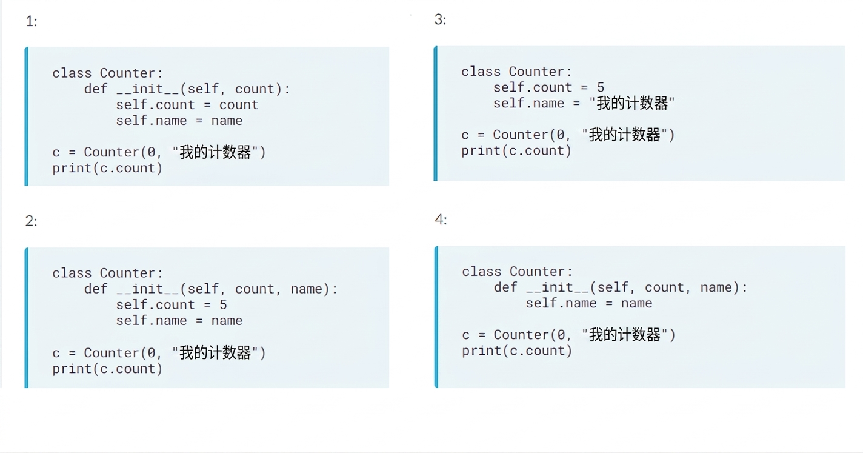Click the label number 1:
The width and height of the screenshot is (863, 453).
(x=32, y=21)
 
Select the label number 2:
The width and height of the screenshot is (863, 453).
(x=32, y=221)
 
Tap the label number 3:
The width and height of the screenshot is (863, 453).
(x=441, y=19)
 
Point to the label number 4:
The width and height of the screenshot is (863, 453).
(x=441, y=220)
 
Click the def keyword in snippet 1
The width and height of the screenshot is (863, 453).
(x=96, y=89)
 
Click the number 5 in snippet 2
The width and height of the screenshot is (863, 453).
(x=223, y=305)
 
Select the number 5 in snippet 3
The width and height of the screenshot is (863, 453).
(x=600, y=87)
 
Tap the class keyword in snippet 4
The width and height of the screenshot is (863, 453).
(x=482, y=272)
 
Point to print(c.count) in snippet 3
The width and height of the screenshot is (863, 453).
(x=516, y=151)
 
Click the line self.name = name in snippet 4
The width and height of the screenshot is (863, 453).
(x=589, y=303)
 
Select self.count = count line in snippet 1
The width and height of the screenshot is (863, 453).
(x=187, y=105)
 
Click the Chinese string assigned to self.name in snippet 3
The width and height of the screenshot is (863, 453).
(x=632, y=103)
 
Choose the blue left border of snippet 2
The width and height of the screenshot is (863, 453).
(x=27, y=318)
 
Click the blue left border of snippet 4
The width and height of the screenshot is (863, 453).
(x=436, y=317)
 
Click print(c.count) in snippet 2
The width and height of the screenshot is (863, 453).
(x=107, y=369)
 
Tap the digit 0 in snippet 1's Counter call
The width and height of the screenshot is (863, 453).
(x=152, y=152)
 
